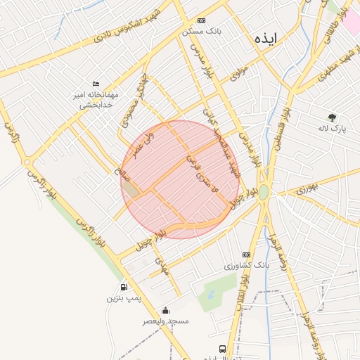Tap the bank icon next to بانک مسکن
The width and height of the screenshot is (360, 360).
click(202, 21)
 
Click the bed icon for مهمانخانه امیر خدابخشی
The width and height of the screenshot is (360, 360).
click(96, 84)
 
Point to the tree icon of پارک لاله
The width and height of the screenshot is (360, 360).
click(332, 117)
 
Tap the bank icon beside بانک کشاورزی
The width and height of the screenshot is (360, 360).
click(246, 255)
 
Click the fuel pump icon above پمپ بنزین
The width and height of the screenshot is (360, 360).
click(124, 287)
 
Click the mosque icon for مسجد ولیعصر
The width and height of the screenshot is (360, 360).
click(165, 310)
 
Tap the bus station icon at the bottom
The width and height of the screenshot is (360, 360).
click(223, 349)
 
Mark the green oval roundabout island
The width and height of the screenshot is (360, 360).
click(264, 192)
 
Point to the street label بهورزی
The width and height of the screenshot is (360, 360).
click(307, 188)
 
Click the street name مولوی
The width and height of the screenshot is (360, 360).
click(240, 72)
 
